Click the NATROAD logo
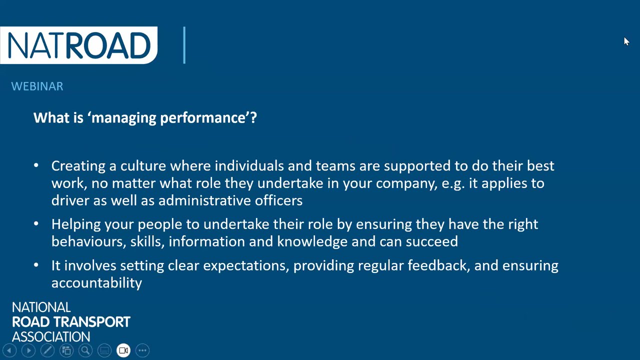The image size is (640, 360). click(78, 45)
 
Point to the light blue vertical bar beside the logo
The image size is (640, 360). click(184, 45)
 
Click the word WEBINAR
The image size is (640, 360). click(37, 86)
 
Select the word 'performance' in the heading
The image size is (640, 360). click(203, 118)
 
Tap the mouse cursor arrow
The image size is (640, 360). click(626, 41)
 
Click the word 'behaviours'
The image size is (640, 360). click(89, 241)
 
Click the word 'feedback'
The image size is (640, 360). click(439, 265)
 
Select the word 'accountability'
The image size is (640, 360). click(96, 283)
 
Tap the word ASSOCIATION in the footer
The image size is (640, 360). click(51, 337)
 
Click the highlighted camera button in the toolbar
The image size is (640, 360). click(123, 350)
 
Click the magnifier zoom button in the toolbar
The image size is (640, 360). click(85, 350)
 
